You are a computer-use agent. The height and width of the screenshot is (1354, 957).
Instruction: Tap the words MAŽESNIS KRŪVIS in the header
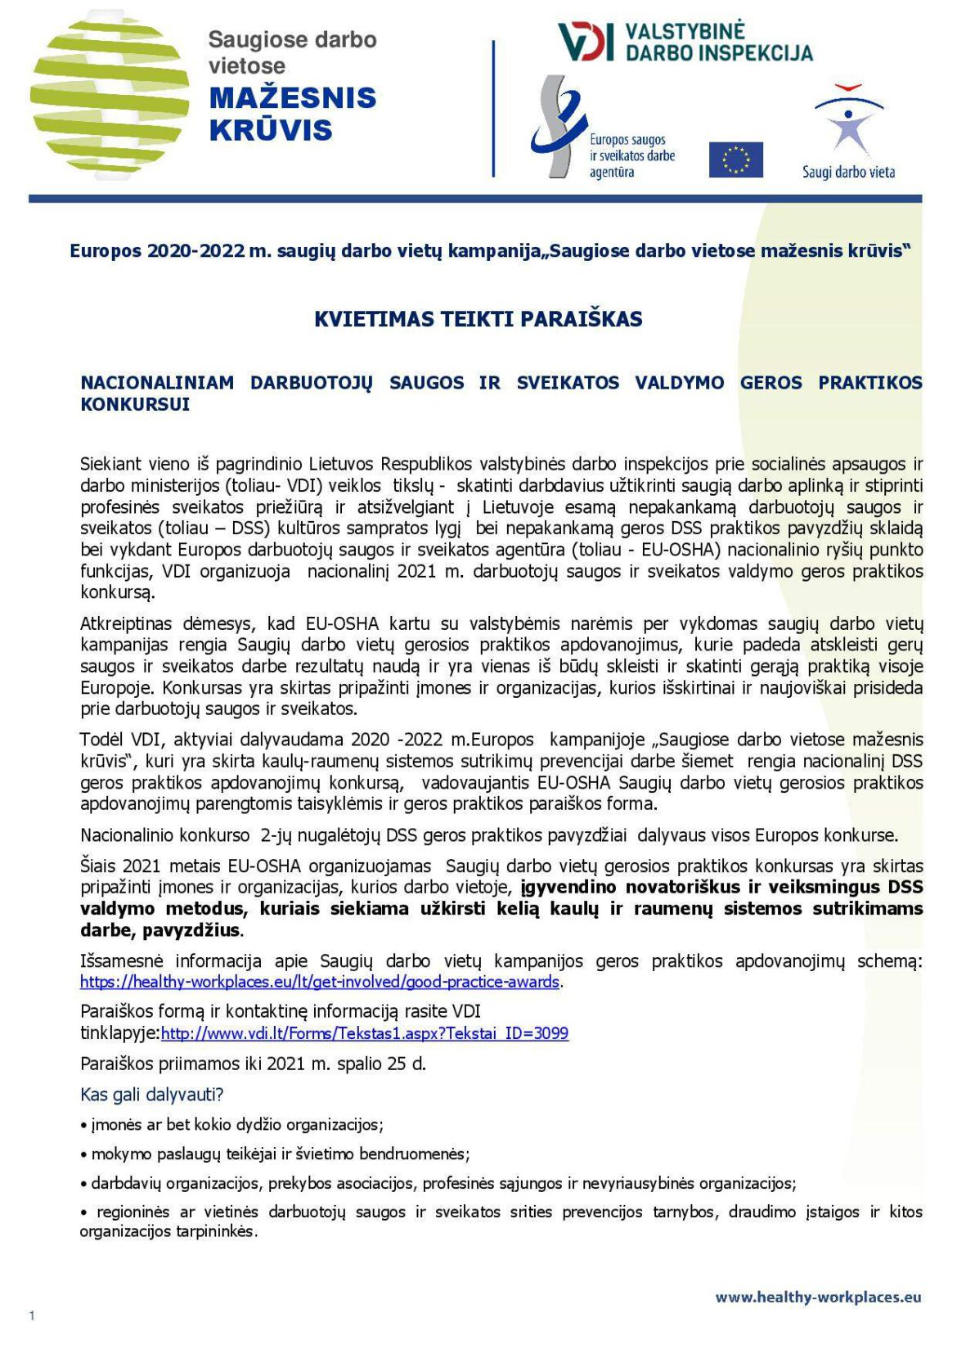click(x=292, y=114)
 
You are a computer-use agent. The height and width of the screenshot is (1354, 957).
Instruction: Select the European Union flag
click(x=735, y=160)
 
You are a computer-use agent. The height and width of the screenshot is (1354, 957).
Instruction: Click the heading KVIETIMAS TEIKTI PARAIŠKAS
click(x=478, y=319)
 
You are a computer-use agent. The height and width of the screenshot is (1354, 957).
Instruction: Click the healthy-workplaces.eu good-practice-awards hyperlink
click(x=320, y=982)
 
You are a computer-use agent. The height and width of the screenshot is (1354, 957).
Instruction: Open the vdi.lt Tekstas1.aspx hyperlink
click(x=365, y=1033)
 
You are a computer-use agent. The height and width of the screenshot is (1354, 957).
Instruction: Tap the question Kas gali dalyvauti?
click(x=152, y=1095)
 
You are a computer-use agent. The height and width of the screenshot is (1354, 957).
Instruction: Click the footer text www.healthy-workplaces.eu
click(x=818, y=1297)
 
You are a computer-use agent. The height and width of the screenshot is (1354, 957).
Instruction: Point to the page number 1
click(x=32, y=1316)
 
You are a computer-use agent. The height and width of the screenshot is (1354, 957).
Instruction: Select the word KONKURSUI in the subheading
click(x=135, y=404)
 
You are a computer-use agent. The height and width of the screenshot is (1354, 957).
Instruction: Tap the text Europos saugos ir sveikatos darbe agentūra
click(x=631, y=155)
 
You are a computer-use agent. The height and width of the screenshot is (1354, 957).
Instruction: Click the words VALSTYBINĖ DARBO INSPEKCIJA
click(x=718, y=43)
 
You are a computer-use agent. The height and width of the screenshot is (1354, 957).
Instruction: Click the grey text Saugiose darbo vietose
click(x=292, y=52)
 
